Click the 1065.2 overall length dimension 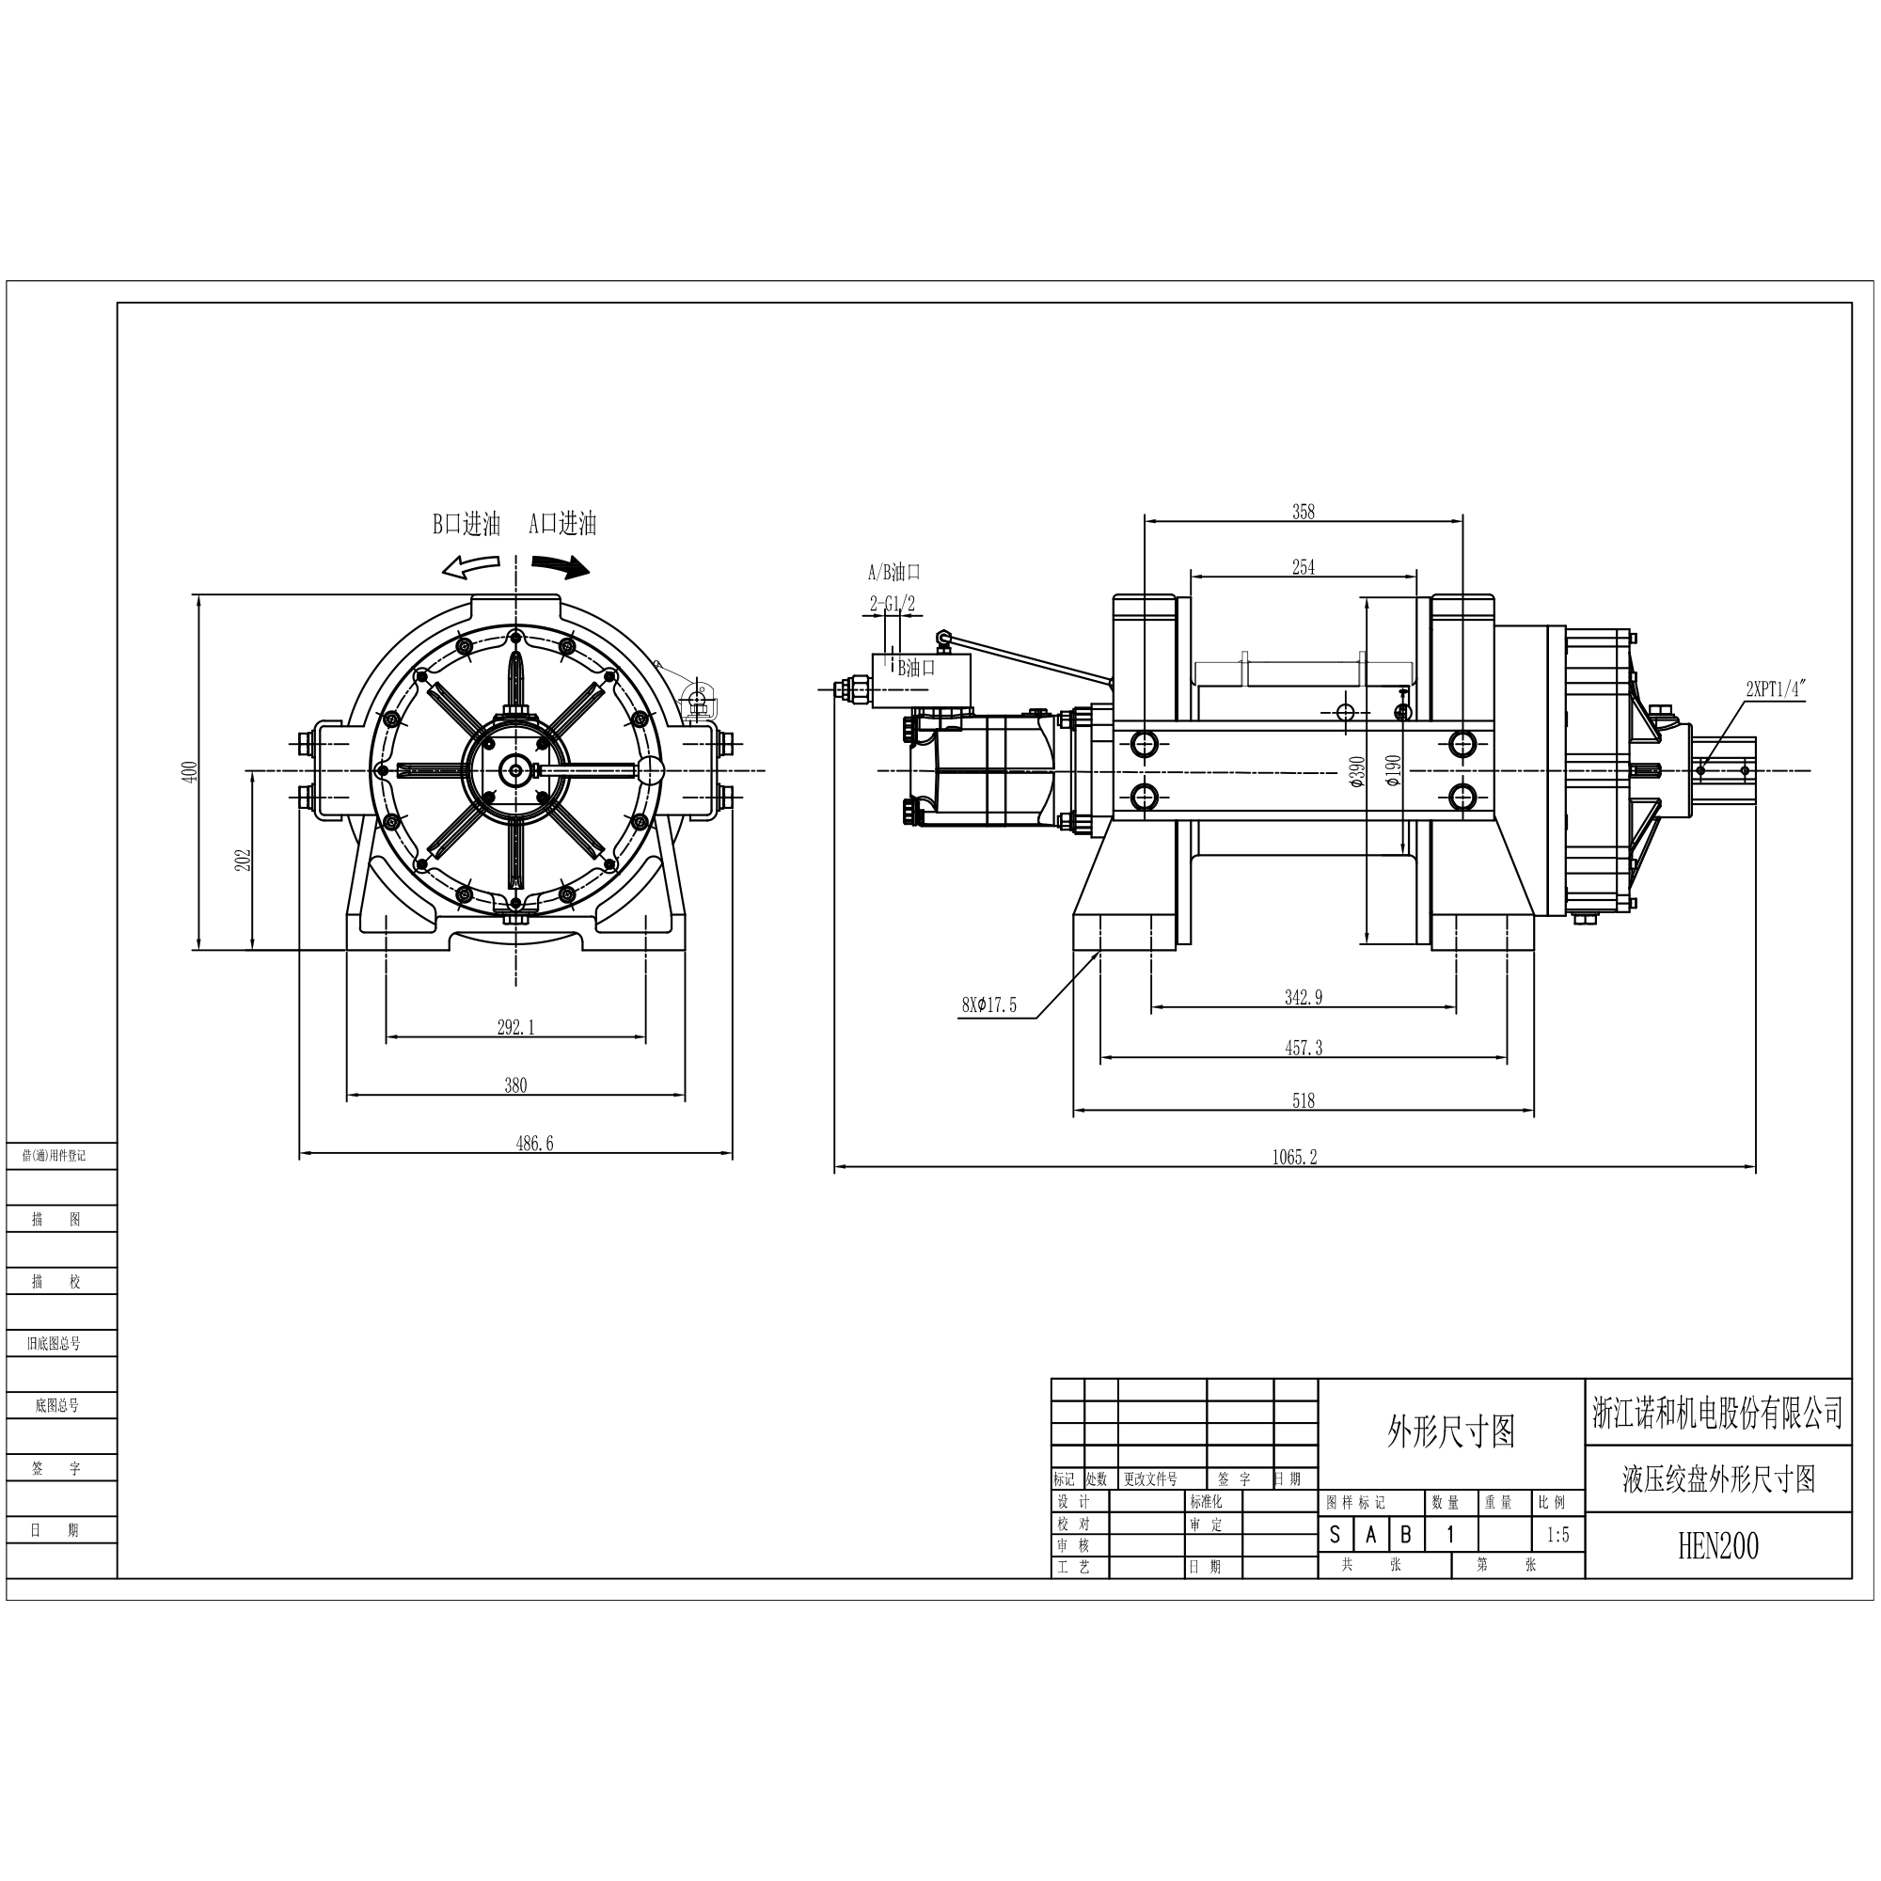[1294, 1157]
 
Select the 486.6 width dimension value [534, 1143]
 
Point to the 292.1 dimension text [516, 1027]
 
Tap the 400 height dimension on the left [190, 771]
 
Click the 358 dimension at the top [1303, 511]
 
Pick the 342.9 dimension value [1303, 997]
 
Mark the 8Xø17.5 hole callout [989, 1005]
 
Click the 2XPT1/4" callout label [1776, 689]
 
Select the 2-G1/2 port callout [892, 605]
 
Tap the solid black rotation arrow [561, 566]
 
